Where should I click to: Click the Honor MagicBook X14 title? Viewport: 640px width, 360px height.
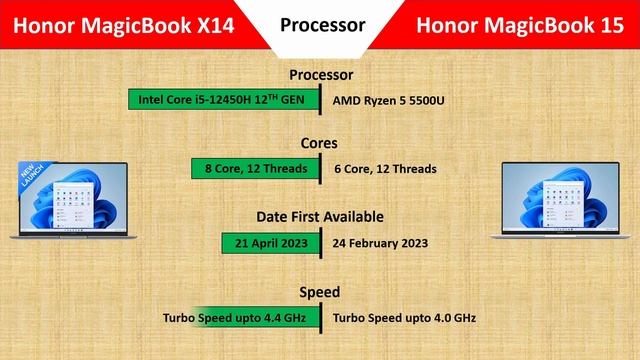point(119,25)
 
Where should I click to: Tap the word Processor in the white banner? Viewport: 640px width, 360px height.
point(322,24)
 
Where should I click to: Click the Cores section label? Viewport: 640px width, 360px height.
point(320,143)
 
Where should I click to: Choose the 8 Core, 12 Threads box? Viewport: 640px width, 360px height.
point(255,169)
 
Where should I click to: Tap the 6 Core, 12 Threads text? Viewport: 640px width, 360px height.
point(385,169)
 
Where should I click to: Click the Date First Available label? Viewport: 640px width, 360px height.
point(320,216)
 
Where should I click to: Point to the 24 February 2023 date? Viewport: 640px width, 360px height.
point(380,242)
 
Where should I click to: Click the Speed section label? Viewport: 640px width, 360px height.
point(320,292)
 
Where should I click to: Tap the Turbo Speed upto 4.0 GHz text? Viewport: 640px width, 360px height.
point(404,318)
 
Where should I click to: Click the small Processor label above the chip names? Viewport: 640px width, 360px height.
point(321,75)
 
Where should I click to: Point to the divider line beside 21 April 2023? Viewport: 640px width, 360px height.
point(320,242)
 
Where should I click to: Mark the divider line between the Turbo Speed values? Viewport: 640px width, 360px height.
point(320,318)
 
